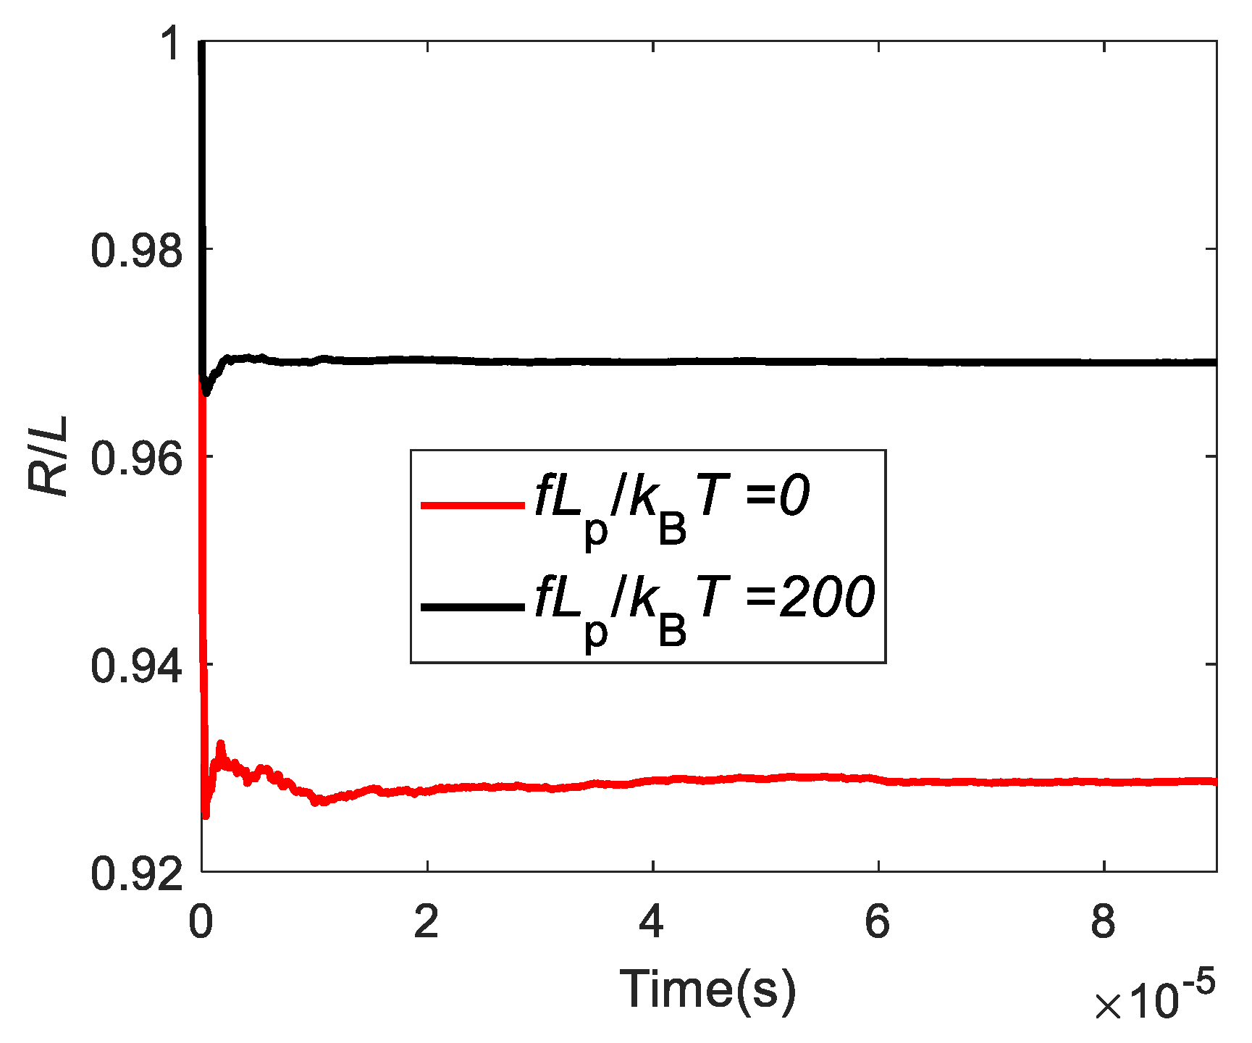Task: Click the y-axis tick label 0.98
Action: [136, 251]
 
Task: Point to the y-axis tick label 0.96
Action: [136, 458]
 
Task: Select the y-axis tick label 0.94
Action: [136, 666]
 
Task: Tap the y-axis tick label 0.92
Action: [136, 874]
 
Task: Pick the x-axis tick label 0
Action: [201, 922]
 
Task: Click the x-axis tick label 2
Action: [427, 922]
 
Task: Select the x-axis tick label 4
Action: [652, 922]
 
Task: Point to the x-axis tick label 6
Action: [878, 922]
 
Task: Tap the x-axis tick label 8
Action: [1103, 922]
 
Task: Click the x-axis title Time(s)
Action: [707, 989]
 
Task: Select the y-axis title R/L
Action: [49, 456]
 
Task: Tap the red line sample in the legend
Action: [472, 505]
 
